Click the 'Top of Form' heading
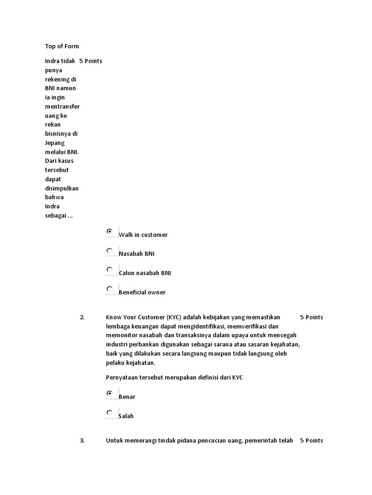[x=62, y=46]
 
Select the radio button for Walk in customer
[x=110, y=232]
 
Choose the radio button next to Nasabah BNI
[x=110, y=250]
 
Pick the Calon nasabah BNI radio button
[x=110, y=270]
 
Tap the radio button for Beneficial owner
[x=110, y=289]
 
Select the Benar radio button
[x=110, y=393]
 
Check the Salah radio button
[x=110, y=413]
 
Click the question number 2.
[x=82, y=318]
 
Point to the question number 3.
[x=82, y=441]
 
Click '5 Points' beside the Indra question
[x=91, y=61]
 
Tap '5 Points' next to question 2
[x=311, y=318]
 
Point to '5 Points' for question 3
[x=311, y=441]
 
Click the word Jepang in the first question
[x=55, y=143]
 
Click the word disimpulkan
[x=62, y=189]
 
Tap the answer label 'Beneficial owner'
[x=142, y=292]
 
